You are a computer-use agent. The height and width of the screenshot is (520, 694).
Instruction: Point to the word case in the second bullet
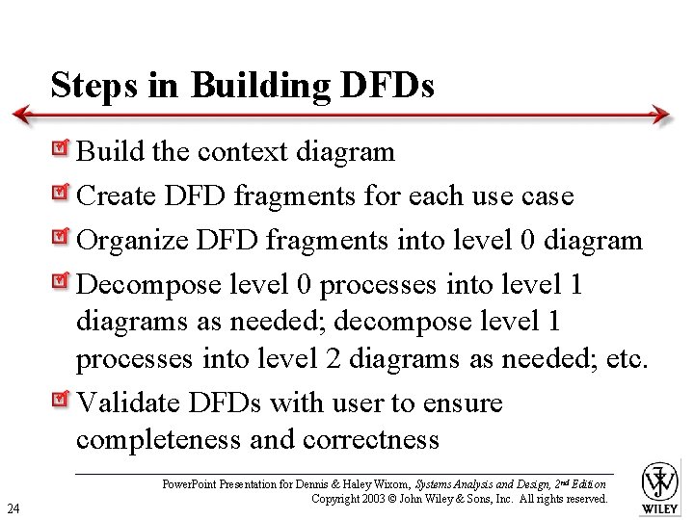coord(547,196)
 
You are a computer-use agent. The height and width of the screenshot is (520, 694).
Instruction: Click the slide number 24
coord(13,507)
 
